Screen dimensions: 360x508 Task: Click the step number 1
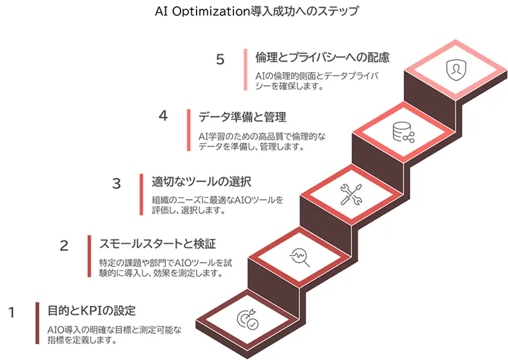click(11, 312)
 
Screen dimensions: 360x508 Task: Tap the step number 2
click(64, 246)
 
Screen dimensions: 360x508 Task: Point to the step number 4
click(163, 116)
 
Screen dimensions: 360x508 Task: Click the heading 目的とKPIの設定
click(92, 310)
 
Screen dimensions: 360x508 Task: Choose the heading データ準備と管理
click(242, 117)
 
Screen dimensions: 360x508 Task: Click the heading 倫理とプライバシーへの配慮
click(322, 58)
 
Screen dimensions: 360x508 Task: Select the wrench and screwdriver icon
click(350, 194)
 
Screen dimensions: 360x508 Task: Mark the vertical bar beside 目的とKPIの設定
click(37, 324)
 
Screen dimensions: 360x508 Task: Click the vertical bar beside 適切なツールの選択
click(142, 195)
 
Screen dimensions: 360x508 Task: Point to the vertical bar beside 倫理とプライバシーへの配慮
click(245, 70)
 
